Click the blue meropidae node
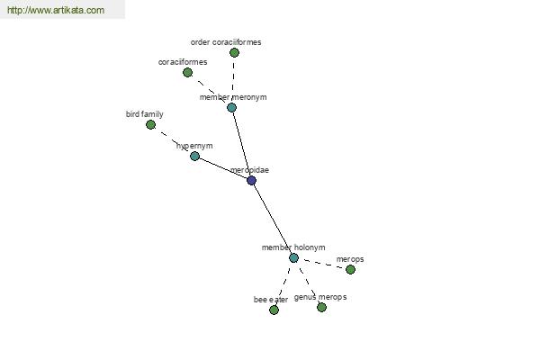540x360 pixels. (251, 180)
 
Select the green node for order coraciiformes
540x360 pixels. (234, 53)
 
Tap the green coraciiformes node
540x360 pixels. (187, 72)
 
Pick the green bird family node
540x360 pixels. (150, 125)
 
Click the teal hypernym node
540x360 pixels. (194, 157)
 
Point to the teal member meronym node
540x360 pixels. (232, 107)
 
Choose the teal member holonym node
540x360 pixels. (293, 257)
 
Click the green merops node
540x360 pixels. (350, 269)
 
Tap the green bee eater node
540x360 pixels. (274, 310)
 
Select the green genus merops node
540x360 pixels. (321, 307)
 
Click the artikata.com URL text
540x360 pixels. (56, 10)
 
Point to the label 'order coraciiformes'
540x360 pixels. (226, 42)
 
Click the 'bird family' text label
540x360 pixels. (145, 114)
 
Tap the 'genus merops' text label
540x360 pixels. (320, 297)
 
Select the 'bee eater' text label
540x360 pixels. (271, 300)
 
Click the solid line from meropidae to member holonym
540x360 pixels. (273, 219)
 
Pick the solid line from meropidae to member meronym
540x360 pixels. (242, 144)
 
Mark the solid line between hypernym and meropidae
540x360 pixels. (223, 168)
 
